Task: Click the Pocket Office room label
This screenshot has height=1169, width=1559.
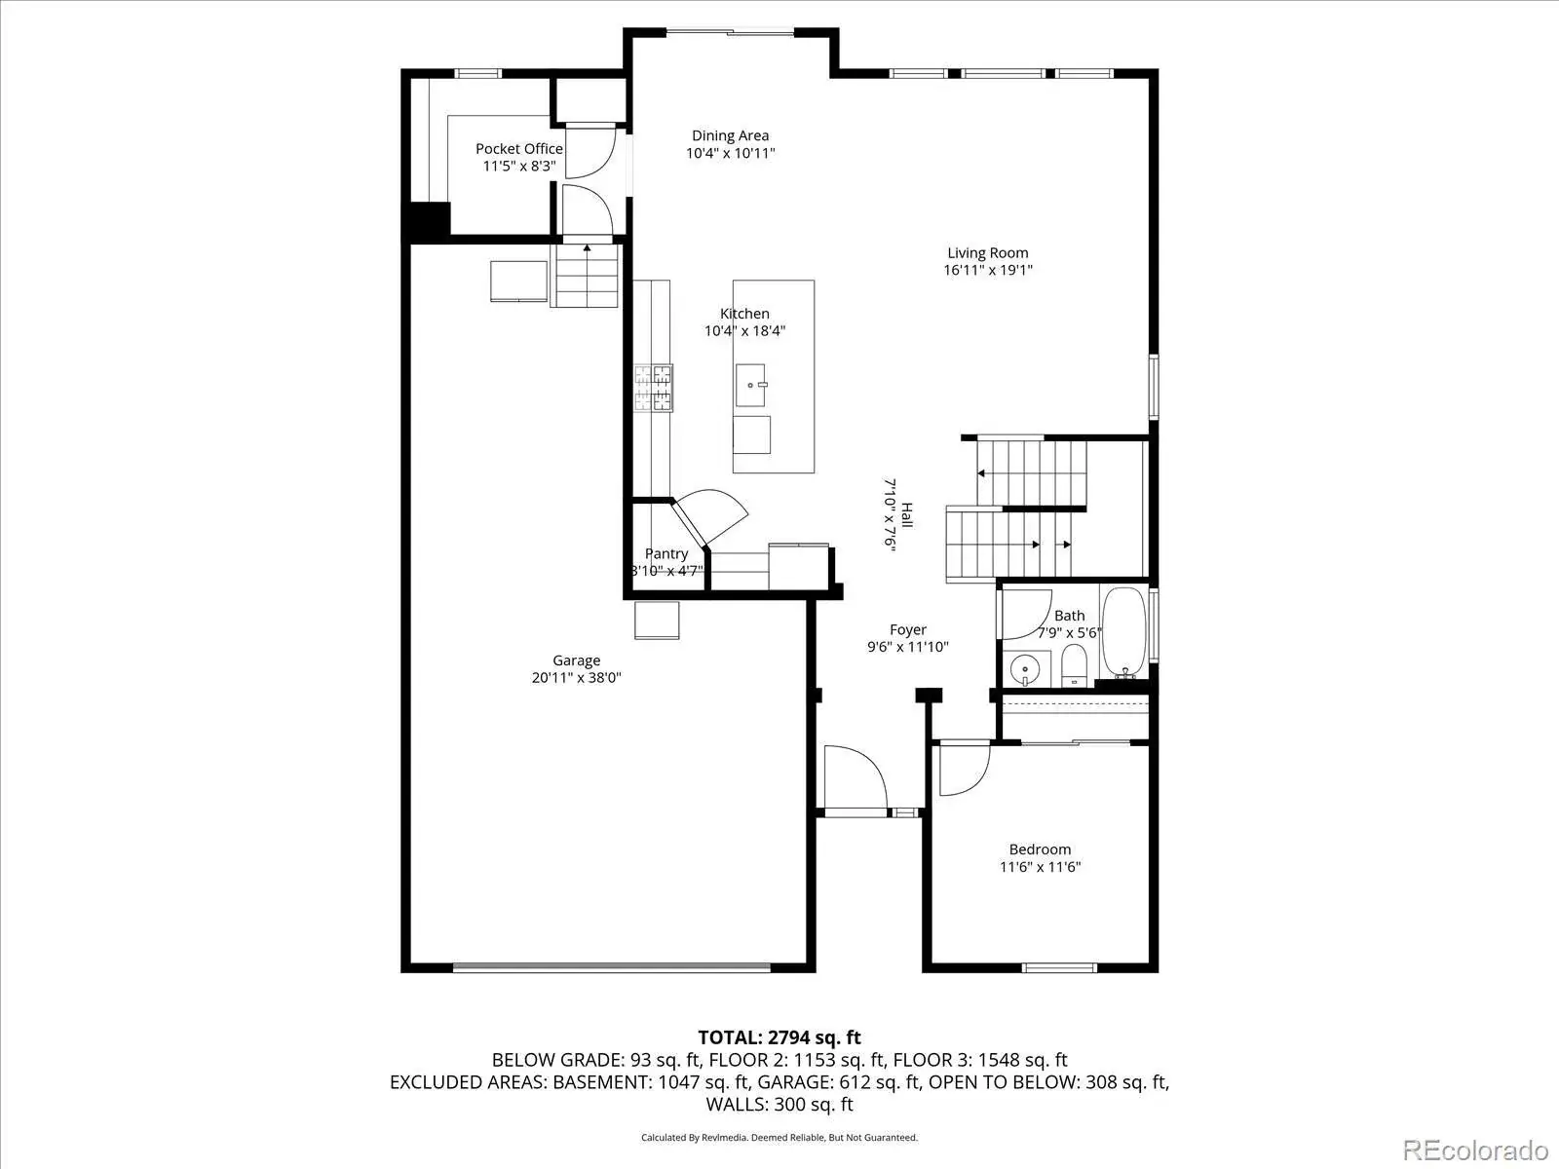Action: [518, 149]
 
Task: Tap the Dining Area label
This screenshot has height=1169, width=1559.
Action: [730, 135]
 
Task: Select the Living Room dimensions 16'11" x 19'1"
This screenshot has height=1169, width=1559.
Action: [987, 270]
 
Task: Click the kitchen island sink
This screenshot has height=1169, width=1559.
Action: [750, 386]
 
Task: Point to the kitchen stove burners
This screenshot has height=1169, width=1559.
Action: [653, 388]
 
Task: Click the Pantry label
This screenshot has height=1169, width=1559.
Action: [666, 553]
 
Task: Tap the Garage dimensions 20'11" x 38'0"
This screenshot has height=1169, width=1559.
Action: [576, 678]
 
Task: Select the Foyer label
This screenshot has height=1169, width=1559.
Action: [908, 629]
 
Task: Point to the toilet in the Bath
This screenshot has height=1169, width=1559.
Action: [1073, 665]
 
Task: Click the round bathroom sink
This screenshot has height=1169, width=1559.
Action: [1025, 670]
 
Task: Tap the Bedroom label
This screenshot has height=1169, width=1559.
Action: [1040, 849]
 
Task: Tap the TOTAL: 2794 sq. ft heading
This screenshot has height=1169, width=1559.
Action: [779, 1037]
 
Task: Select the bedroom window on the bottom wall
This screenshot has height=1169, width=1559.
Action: [1059, 967]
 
